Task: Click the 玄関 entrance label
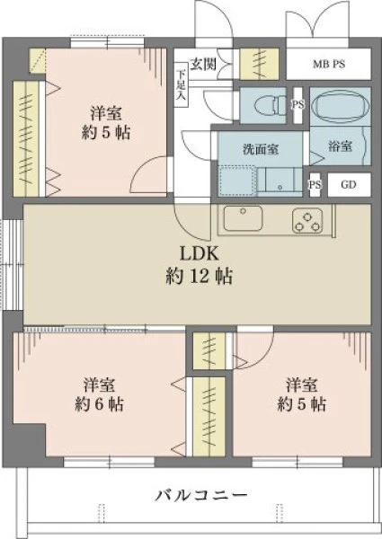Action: [203, 64]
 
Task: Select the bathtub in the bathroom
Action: [341, 105]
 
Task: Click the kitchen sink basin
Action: [243, 218]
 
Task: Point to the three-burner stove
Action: [307, 220]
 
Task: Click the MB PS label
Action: [329, 65]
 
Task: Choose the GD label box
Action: [349, 184]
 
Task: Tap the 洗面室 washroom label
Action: [261, 149]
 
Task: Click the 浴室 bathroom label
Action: [340, 146]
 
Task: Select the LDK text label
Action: [199, 254]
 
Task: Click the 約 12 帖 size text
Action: [199, 276]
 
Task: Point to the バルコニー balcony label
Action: [200, 495]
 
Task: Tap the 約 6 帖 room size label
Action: [100, 404]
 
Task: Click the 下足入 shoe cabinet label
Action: [181, 84]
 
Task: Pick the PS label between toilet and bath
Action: [298, 104]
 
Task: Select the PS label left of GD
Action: [315, 185]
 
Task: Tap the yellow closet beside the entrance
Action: [259, 64]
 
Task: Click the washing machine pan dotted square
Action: [237, 181]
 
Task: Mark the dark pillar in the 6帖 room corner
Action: [30, 440]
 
